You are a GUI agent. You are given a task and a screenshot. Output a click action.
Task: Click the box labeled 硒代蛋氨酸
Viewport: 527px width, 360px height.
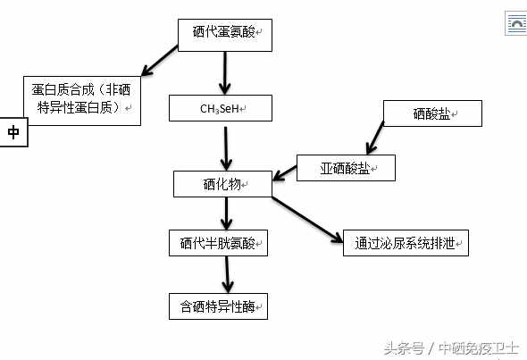pos(225,36)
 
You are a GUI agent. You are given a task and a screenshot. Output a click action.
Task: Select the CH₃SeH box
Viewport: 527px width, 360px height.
pos(221,108)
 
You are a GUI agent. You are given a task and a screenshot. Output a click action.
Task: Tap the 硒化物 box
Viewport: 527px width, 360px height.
pos(222,184)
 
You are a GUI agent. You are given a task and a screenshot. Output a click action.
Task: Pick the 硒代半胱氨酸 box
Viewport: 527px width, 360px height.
pos(219,243)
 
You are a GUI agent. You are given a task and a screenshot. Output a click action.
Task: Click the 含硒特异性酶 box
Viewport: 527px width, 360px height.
pos(219,306)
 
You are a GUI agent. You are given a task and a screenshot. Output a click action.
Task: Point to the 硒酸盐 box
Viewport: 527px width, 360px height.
pos(432,113)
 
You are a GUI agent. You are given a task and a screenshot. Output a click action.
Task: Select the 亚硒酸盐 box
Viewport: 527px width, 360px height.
pos(346,168)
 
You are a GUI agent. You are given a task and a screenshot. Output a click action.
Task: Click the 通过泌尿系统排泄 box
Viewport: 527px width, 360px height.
pos(406,243)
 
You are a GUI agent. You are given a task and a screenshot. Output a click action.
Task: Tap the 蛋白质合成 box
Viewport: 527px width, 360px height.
pos(82,101)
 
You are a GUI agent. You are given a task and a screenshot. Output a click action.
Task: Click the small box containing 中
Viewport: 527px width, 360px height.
pos(13,132)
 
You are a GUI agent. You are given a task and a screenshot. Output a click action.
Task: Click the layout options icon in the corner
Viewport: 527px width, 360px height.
pos(516,23)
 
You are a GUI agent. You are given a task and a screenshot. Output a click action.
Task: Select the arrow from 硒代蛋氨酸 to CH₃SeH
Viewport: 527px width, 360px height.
pos(225,73)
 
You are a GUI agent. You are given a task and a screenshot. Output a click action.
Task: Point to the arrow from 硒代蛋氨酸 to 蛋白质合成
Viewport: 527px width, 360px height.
pos(159,61)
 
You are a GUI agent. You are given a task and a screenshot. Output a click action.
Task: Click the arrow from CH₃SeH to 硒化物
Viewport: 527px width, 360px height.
pos(226,148)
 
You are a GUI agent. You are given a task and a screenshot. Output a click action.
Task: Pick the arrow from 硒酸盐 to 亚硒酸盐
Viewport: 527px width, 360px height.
pos(375,138)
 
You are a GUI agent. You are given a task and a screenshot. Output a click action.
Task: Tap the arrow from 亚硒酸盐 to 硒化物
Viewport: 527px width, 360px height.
pos(285,173)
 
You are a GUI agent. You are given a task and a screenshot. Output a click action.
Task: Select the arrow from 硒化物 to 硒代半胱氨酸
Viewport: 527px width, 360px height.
pos(226,213)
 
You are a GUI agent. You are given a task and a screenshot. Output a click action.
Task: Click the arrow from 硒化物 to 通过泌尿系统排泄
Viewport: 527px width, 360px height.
pos(307,220)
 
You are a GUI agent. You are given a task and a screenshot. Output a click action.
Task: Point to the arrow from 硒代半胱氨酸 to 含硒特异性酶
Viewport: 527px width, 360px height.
pos(228,274)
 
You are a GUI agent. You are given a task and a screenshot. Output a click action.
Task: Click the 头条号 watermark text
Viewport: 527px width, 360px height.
pos(405,348)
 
